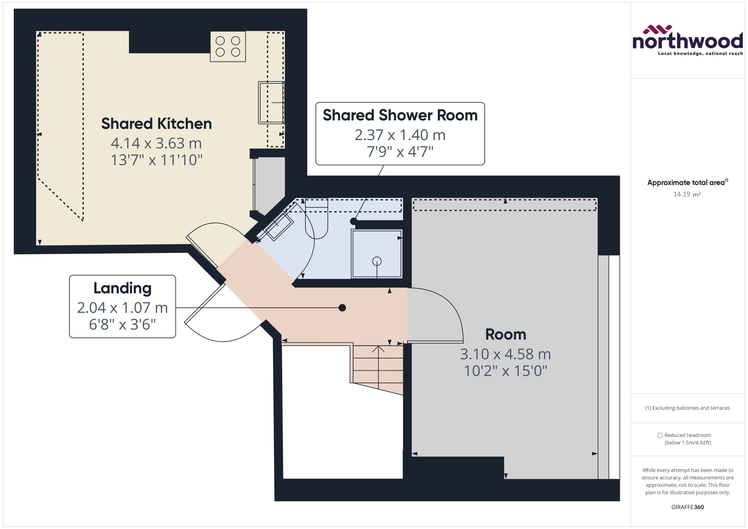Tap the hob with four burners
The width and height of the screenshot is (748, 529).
(228, 47)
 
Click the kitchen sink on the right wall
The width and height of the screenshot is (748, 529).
(271, 103)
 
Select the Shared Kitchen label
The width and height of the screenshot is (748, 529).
(156, 124)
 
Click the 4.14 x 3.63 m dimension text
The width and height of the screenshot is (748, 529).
(156, 143)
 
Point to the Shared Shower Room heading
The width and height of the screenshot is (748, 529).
(400, 115)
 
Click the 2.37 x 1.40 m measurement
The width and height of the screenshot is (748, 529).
(400, 135)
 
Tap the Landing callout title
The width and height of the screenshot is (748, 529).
(122, 288)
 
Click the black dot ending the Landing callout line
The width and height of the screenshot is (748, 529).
(342, 308)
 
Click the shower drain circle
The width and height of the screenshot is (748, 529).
(377, 261)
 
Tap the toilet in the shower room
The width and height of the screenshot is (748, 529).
(316, 221)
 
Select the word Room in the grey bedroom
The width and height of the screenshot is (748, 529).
(505, 334)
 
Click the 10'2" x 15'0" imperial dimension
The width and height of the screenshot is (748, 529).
(505, 371)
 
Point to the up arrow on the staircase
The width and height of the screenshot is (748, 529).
(378, 349)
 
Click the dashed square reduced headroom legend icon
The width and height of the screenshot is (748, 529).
(660, 435)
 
